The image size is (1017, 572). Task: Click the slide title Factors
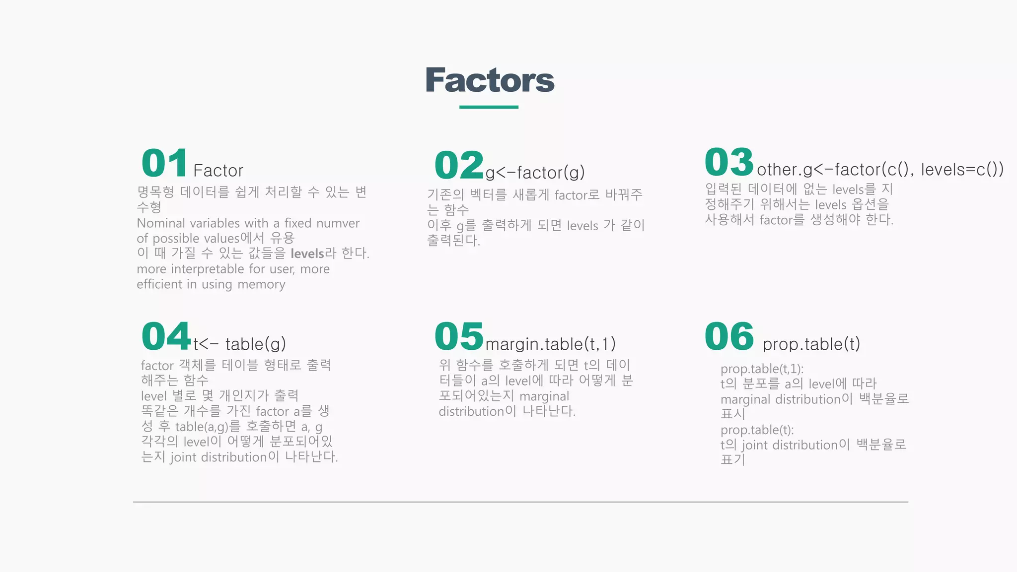coord(490,80)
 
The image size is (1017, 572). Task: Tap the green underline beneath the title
coord(489,107)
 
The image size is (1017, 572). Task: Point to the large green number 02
coord(459,165)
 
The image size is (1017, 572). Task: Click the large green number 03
coord(729,162)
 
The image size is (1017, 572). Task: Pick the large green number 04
coord(166,336)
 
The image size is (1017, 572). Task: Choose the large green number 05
coord(459,336)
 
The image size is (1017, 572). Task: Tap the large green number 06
coord(729,336)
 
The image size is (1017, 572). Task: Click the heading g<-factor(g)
coord(535,173)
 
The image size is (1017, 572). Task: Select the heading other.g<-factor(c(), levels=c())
coord(880,170)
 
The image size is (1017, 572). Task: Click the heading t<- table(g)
coord(239,344)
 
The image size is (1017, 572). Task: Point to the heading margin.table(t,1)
coord(550,344)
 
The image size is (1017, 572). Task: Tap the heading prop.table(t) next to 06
coord(811,344)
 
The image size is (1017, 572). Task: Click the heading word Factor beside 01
coord(218,171)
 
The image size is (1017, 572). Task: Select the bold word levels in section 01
coord(307,254)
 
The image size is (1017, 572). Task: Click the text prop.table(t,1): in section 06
coord(762,369)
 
